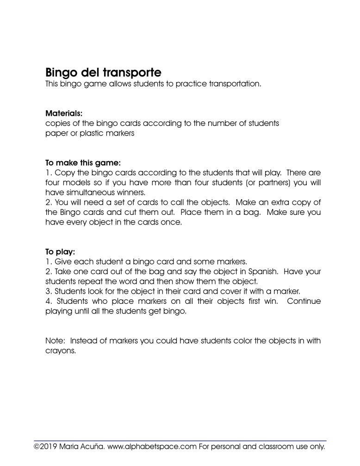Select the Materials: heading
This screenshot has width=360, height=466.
click(64, 113)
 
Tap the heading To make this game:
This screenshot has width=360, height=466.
click(83, 163)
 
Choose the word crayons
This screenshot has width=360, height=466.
click(61, 351)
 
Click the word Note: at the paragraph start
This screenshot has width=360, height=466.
click(56, 341)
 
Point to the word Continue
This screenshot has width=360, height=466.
click(304, 301)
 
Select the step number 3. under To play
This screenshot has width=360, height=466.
click(49, 291)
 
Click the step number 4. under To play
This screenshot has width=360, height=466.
click(49, 301)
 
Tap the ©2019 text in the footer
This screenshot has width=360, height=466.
click(45, 447)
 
